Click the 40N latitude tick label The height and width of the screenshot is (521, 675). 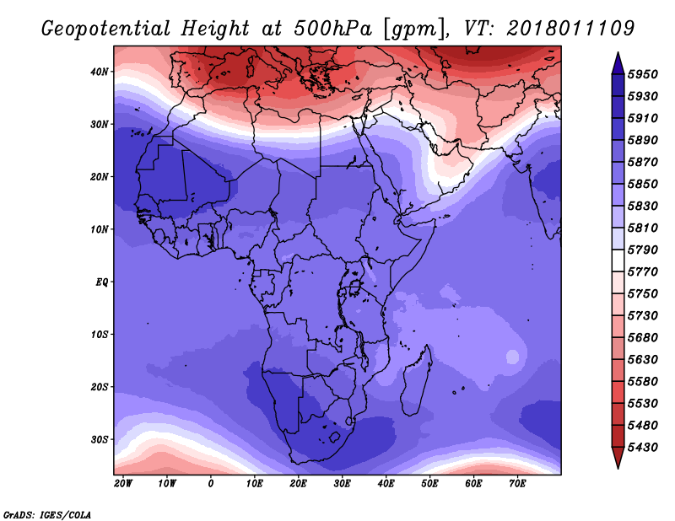click(100, 72)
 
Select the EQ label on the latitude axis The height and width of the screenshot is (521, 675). click(100, 282)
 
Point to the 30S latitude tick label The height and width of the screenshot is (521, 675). click(100, 439)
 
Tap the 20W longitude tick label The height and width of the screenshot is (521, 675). click(123, 483)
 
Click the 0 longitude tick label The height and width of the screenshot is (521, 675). click(211, 483)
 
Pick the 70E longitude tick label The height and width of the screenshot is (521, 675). click(518, 483)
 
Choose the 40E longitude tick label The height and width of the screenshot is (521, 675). click(386, 483)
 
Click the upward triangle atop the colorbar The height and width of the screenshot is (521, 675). click(617, 62)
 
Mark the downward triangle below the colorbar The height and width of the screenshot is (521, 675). click(617, 457)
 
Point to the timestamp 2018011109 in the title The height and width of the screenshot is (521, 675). click(571, 29)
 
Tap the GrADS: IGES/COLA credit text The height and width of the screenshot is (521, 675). click(47, 513)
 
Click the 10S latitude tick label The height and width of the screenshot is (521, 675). click(100, 334)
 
